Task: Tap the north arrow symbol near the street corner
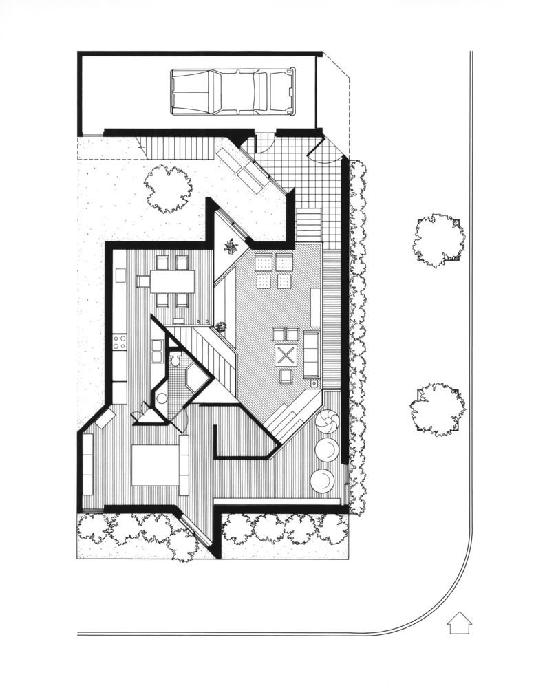pos(458,623)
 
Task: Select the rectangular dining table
pos(172,281)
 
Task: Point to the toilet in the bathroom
pos(175,360)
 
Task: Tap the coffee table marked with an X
pos(286,356)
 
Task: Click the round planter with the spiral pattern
pos(328,422)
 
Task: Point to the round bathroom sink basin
pos(162,398)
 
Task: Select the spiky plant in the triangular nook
pos(231,245)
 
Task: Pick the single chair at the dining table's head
pos(142,281)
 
